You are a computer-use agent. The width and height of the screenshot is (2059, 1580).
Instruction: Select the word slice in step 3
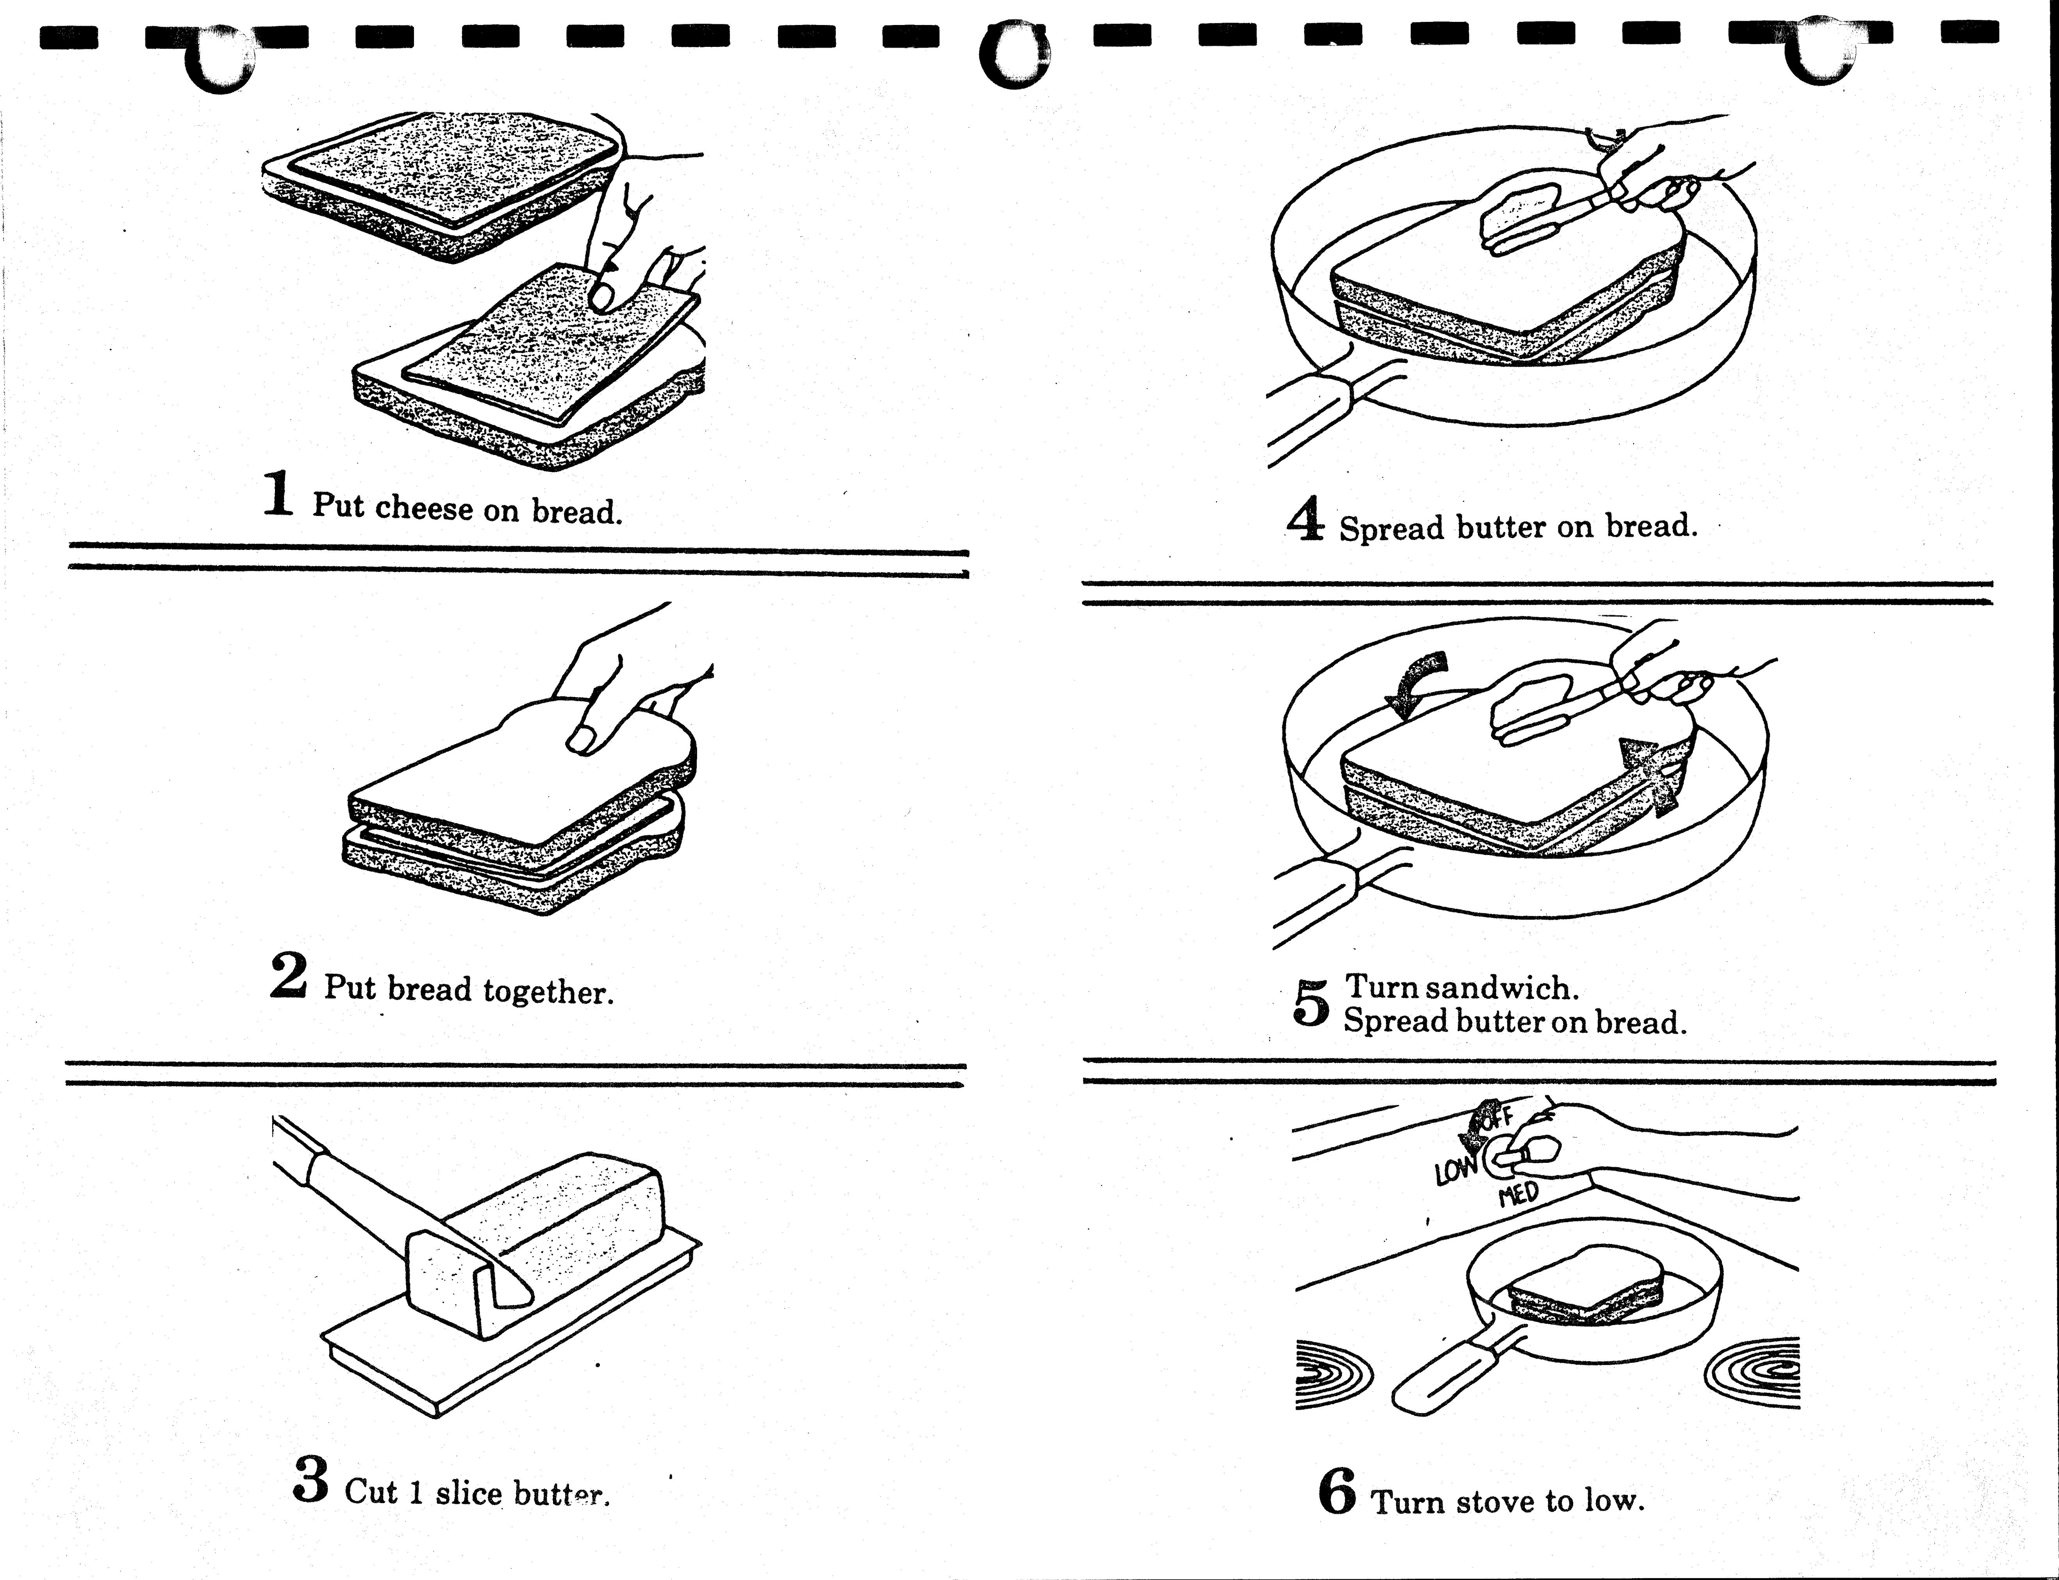click(468, 1493)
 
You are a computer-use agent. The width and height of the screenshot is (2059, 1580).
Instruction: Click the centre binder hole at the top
click(1012, 55)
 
